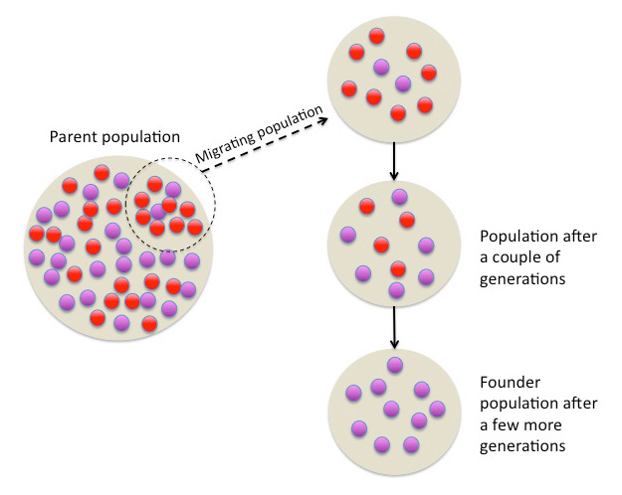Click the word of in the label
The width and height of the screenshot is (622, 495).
pos(554,259)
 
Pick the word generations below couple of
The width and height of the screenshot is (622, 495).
pos(521,280)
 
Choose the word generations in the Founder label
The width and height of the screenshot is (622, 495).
pos(521,446)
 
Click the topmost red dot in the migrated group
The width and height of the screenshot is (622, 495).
pos(376,37)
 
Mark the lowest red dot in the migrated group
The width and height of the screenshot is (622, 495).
pos(397,113)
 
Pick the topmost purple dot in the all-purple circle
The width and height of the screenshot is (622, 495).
pos(395,364)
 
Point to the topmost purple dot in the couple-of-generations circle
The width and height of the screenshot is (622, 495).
pos(399,197)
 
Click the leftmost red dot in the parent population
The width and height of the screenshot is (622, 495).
pos(37,234)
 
